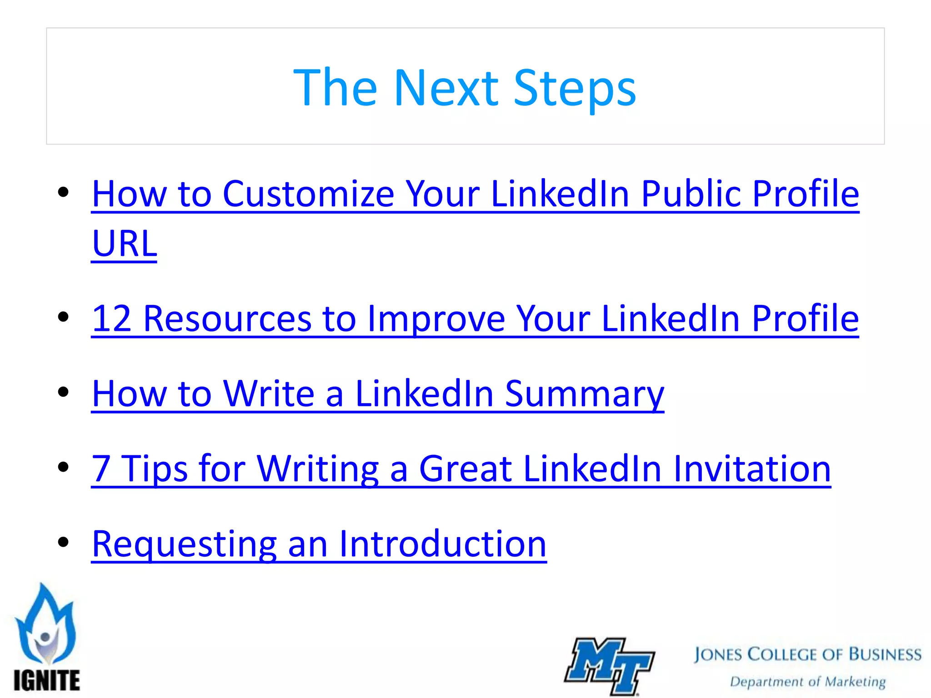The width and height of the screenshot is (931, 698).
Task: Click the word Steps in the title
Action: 575,89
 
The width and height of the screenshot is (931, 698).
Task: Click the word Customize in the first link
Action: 308,194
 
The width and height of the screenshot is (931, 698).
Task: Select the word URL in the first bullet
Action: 124,244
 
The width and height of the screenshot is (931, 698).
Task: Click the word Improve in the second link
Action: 436,319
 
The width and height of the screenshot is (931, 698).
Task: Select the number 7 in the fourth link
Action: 101,469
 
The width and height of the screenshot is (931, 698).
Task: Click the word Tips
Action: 155,469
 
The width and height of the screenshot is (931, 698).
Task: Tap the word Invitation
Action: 752,469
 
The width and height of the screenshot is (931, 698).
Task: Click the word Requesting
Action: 184,544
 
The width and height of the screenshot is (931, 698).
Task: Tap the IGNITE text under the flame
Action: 46,681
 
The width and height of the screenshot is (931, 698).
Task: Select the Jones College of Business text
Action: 807,654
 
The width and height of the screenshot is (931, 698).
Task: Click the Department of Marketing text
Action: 807,682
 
